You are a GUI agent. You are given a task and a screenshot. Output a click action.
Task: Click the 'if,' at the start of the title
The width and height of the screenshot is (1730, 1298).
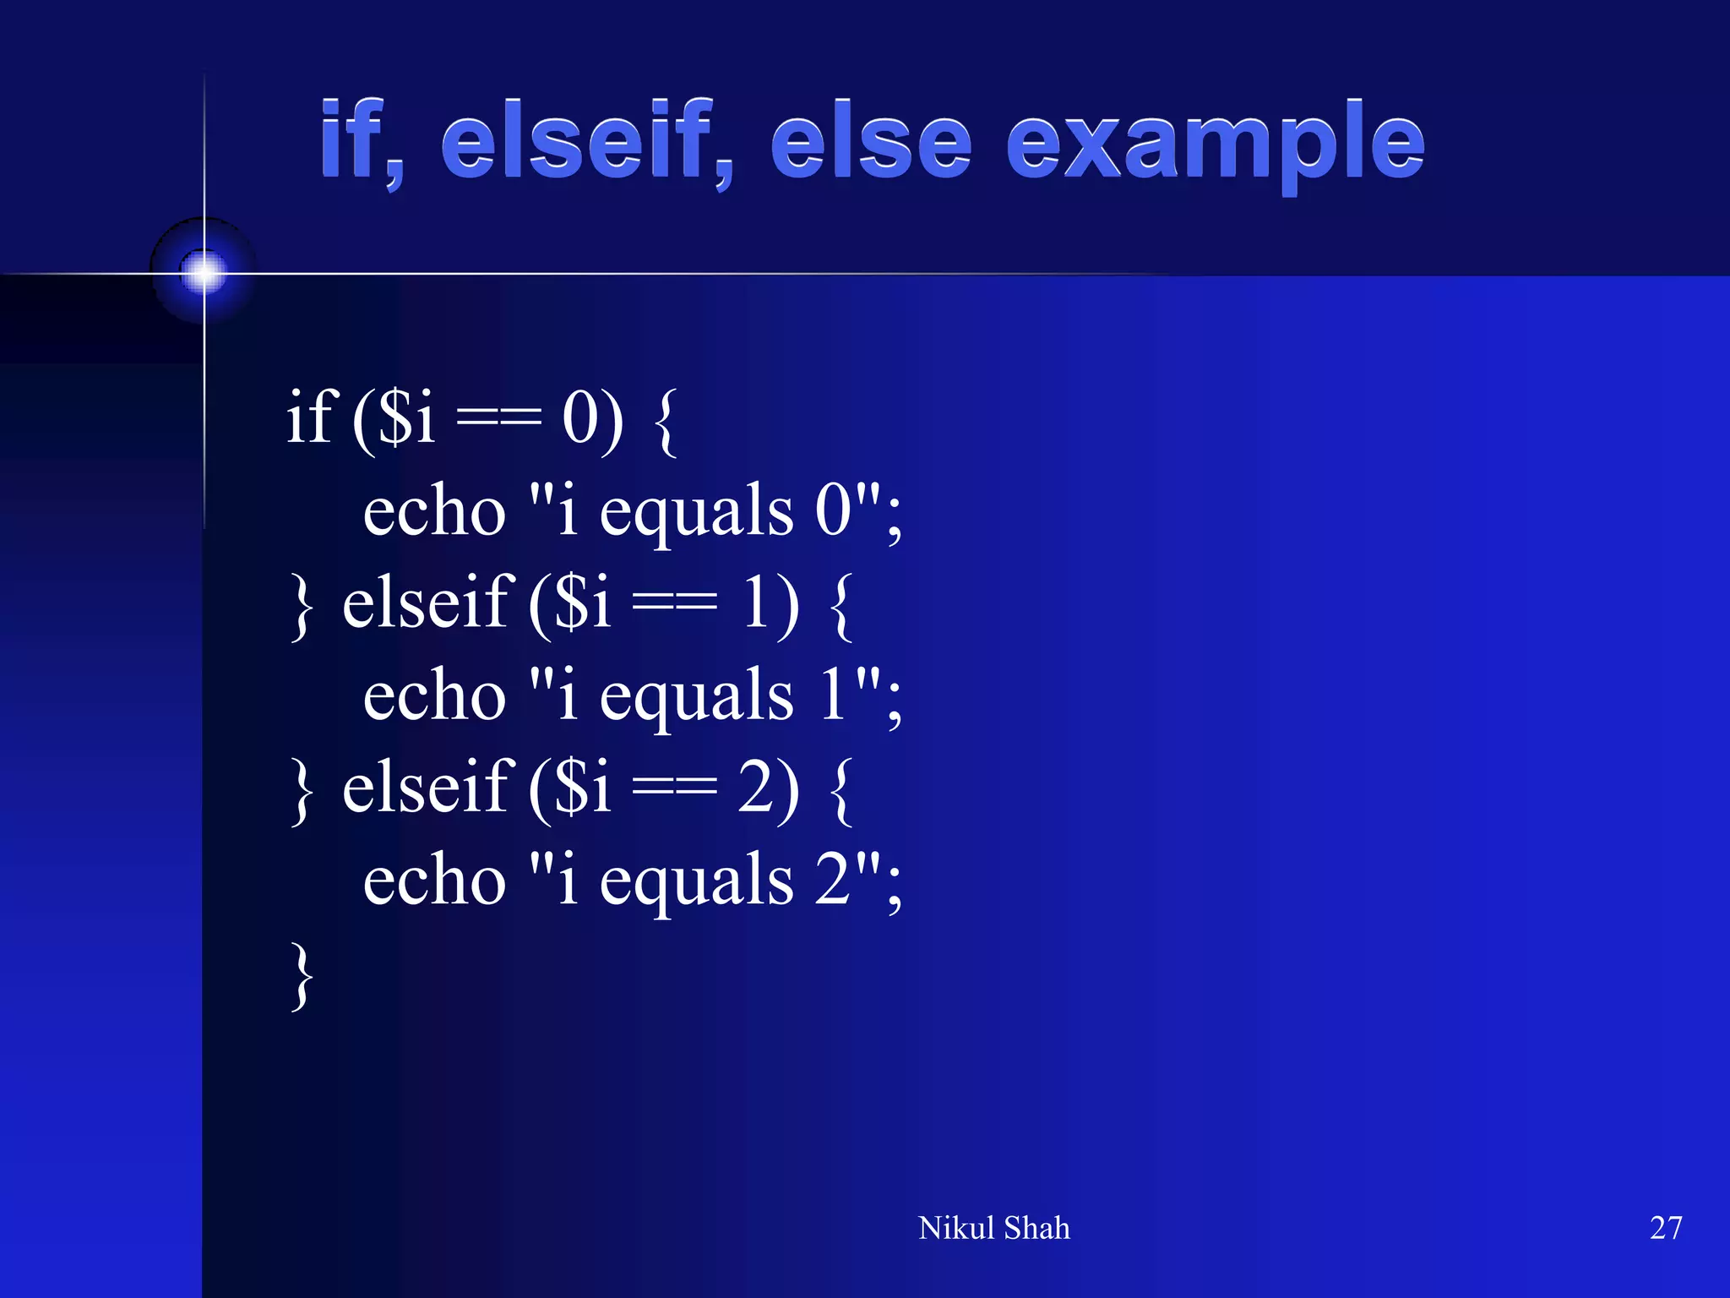coord(360,140)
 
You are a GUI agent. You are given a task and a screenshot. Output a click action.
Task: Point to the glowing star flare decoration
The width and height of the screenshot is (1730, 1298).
coord(204,272)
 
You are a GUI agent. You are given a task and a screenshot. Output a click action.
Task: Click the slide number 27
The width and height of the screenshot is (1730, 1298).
coord(1666,1228)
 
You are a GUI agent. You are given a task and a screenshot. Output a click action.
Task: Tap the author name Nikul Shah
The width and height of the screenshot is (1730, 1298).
coord(993,1228)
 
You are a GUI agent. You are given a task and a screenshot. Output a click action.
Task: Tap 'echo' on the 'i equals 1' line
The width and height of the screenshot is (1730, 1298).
coord(434,695)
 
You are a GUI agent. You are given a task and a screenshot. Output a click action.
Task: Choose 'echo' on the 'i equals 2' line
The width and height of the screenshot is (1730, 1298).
coord(434,880)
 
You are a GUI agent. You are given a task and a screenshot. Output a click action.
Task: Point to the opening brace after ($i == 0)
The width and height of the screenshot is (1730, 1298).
coord(666,423)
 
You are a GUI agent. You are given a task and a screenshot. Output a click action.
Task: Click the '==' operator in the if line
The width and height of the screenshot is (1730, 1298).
coord(498,419)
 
